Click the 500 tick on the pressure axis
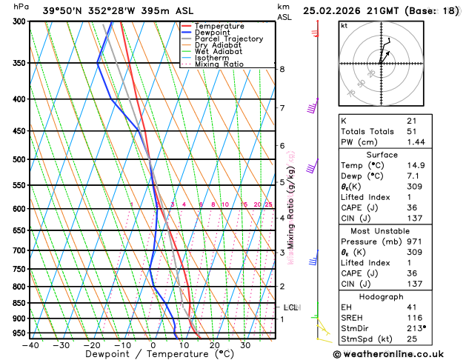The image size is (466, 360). [19, 159]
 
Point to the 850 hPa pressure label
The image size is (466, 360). [19, 303]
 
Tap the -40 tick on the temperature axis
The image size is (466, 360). [30, 344]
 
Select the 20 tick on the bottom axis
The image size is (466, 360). [214, 344]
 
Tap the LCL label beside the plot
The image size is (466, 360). [291, 307]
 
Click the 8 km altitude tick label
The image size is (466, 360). [282, 69]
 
